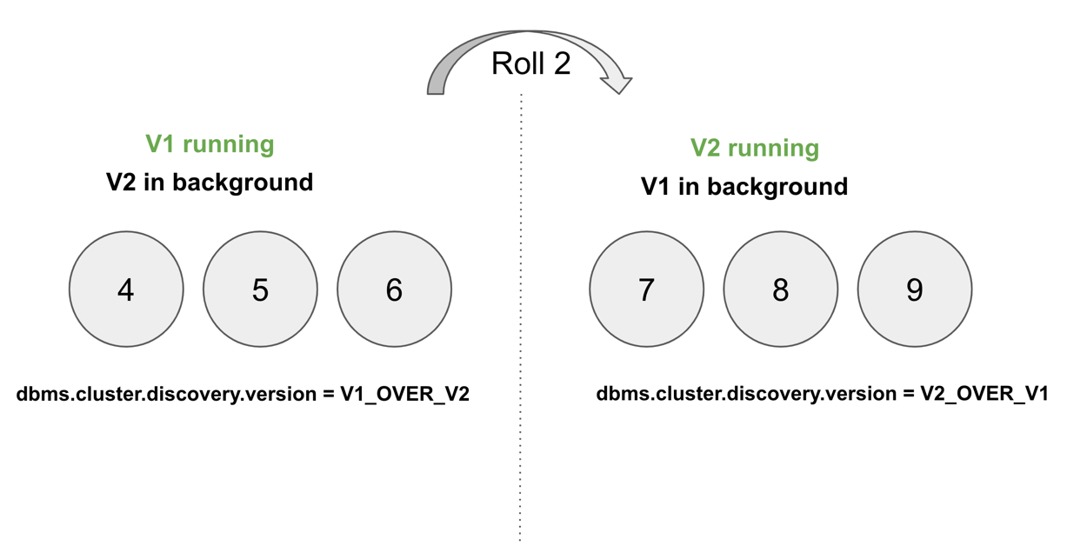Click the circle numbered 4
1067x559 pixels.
(126, 289)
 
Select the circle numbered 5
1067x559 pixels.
(260, 289)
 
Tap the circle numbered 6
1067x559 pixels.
(394, 289)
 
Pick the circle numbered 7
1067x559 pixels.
(646, 289)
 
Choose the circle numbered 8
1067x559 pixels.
(780, 289)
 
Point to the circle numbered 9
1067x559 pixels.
(914, 289)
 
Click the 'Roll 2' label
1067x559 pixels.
(530, 63)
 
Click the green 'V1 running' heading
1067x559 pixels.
(210, 144)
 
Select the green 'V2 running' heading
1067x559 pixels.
(755, 148)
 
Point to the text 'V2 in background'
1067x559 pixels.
(210, 183)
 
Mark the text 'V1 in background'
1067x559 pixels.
(744, 187)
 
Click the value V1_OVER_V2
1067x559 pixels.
(404, 394)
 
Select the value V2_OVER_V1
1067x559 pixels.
(984, 394)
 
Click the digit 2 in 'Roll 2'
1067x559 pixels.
(559, 63)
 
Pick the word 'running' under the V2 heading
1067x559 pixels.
(774, 148)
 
